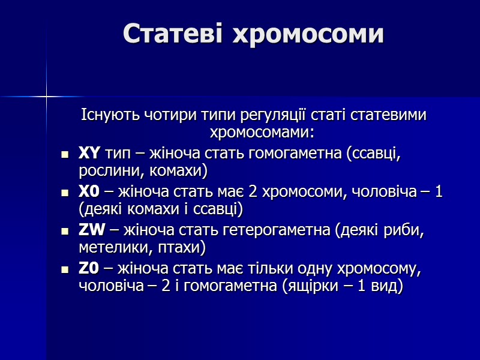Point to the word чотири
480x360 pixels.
pos(169,115)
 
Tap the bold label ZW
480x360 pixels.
pos(92,230)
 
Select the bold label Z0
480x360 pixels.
pos(89,269)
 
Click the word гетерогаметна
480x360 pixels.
pos(278,230)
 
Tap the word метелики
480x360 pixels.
pos(110,247)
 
